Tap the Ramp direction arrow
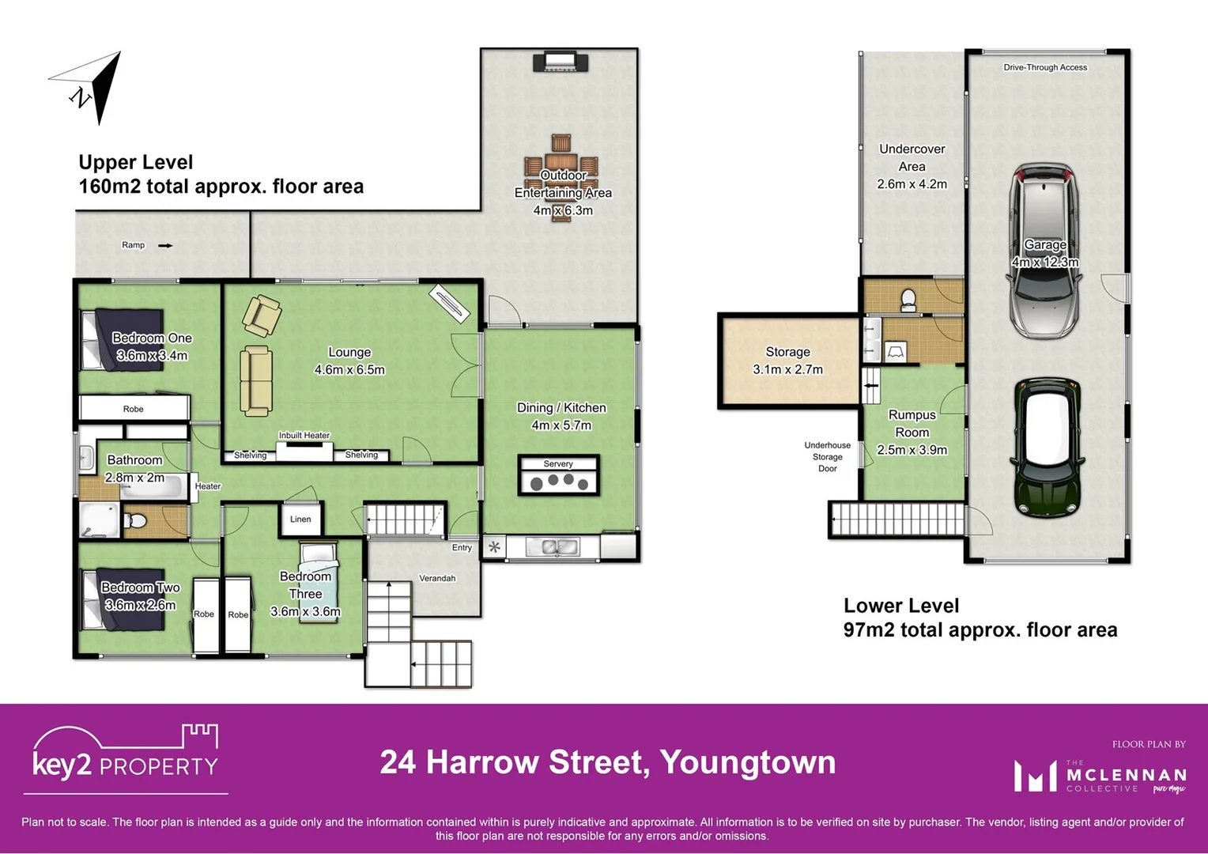(x=165, y=246)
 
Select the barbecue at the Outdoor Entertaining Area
(x=561, y=62)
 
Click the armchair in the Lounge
(x=261, y=315)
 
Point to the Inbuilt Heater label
(x=304, y=436)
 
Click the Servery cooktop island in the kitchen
(x=559, y=476)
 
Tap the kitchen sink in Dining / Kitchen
(x=559, y=546)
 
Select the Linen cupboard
(x=300, y=520)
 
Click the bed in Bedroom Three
(x=319, y=583)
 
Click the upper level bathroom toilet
(x=136, y=521)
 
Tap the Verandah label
(x=437, y=579)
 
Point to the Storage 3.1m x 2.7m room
(x=788, y=361)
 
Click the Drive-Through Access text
(x=1045, y=68)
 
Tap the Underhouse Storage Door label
(x=827, y=457)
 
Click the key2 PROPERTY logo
(x=125, y=755)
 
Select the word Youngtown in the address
(x=748, y=763)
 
